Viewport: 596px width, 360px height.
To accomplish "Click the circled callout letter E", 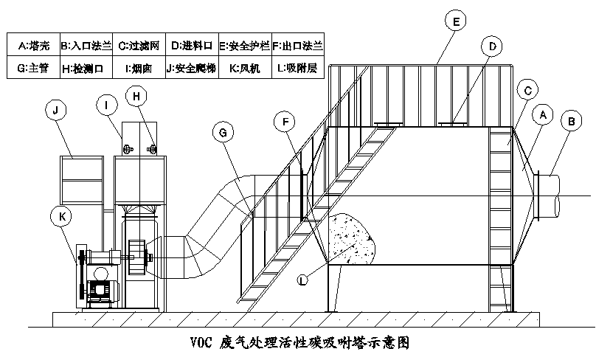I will [x=457, y=23].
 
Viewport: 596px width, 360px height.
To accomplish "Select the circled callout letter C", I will [x=526, y=91].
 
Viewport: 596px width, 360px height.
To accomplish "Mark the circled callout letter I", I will [x=107, y=106].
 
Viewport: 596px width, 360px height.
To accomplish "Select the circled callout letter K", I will [x=60, y=215].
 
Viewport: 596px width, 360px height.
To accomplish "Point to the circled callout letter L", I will [x=304, y=279].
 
